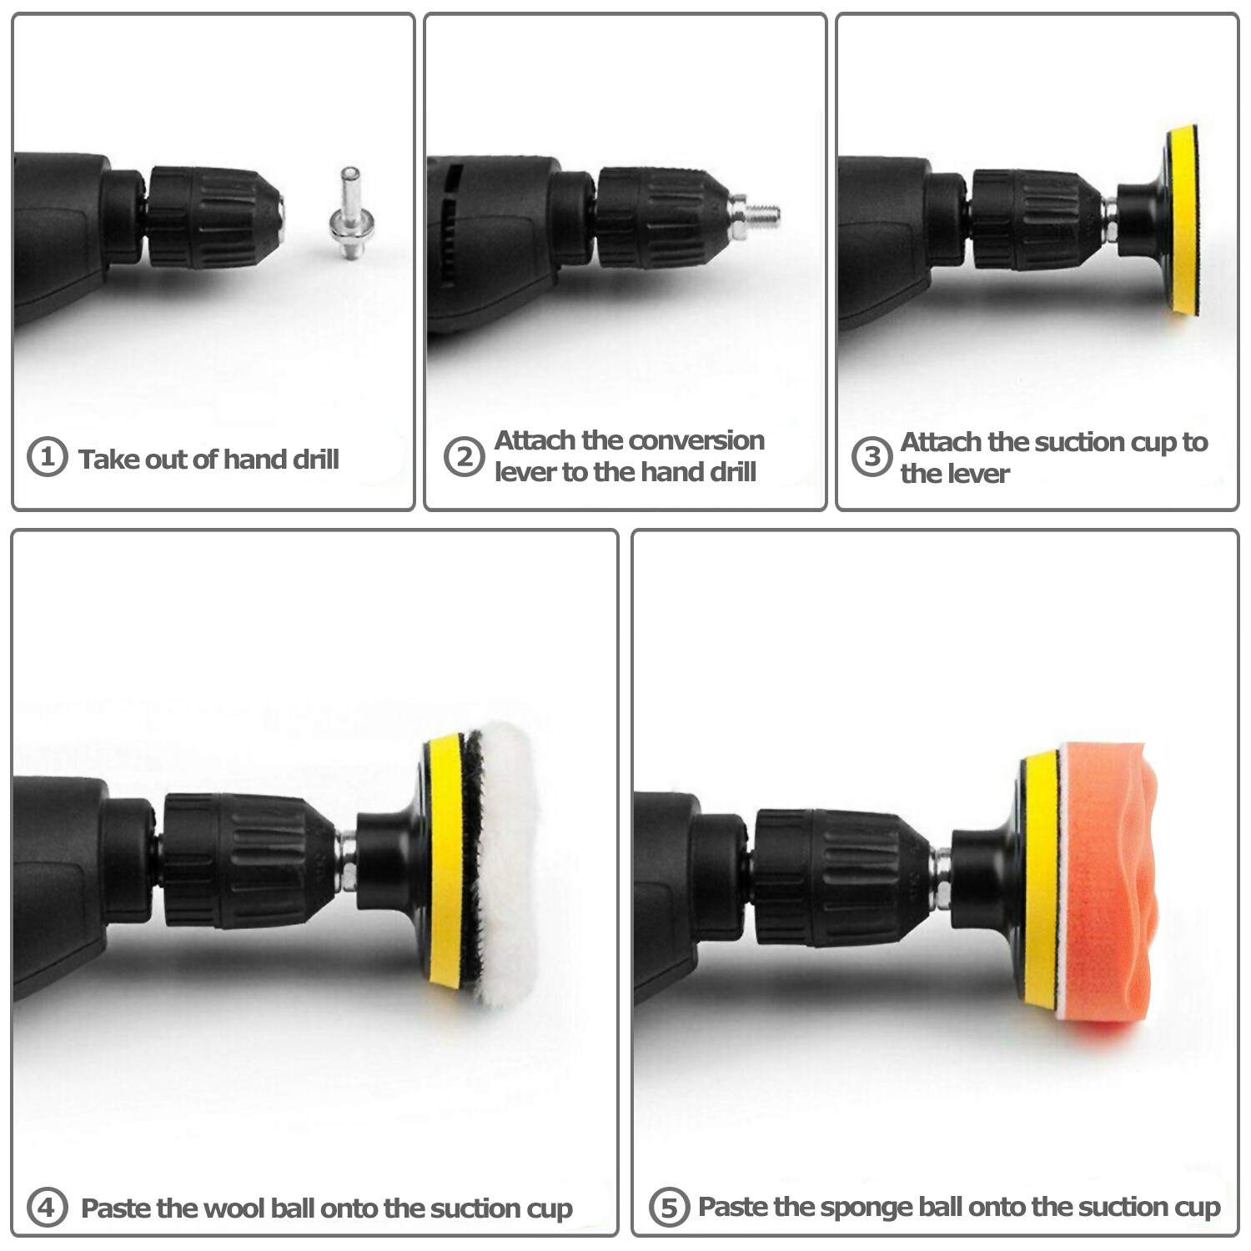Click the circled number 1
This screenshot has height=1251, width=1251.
[47, 457]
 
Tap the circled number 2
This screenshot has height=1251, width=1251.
[464, 457]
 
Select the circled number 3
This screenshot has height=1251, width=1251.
[872, 456]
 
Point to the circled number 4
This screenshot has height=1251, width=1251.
[47, 1207]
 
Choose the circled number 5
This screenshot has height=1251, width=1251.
[669, 1207]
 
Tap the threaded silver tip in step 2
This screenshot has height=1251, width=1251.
[762, 216]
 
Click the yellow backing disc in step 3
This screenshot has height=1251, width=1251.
[1183, 220]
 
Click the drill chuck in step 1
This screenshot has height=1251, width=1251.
[215, 219]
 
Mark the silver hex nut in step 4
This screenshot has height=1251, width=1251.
[345, 861]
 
